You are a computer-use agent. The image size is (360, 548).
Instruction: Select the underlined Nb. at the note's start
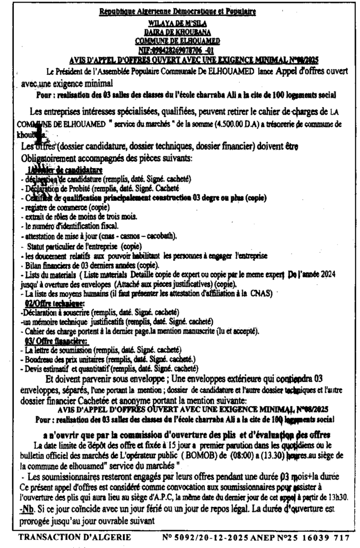click(25, 506)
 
